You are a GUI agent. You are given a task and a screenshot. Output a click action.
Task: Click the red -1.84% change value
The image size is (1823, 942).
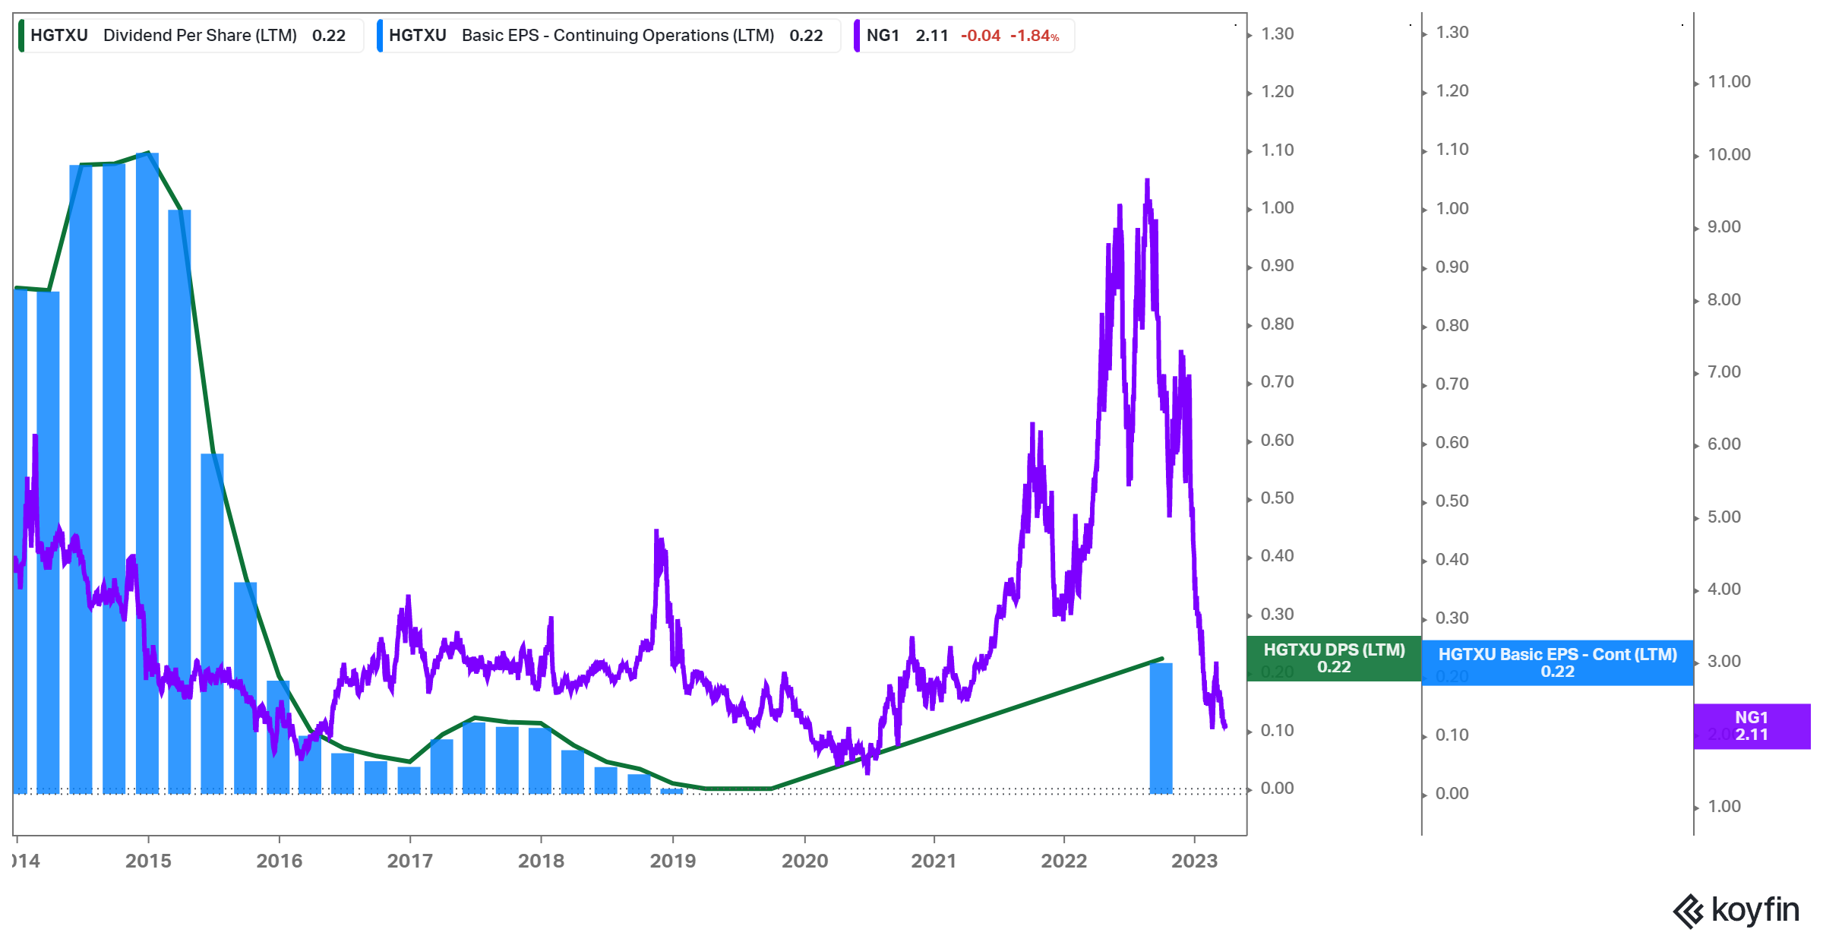[x=1034, y=36]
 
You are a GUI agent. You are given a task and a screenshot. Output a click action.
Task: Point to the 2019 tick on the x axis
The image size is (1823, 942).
[x=672, y=861]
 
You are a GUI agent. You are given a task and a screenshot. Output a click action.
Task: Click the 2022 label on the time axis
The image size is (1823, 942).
[x=1063, y=861]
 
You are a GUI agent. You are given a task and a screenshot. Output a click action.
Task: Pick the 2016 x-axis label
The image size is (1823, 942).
[x=279, y=861]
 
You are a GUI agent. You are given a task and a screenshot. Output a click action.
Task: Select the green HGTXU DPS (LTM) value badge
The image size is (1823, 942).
[x=1334, y=659]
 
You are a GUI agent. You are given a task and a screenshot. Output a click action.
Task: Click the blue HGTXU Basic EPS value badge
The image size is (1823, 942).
[x=1557, y=662]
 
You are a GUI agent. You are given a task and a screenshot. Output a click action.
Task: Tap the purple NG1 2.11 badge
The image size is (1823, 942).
[x=1751, y=726]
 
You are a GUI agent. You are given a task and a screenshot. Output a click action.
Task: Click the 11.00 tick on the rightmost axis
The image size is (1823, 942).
[x=1729, y=82]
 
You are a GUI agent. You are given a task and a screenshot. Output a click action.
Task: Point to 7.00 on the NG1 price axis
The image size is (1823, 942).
[x=1723, y=372]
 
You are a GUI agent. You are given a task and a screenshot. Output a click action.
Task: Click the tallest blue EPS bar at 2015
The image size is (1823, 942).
[x=147, y=471]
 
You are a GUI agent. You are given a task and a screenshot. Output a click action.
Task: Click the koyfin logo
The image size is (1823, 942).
[x=1736, y=910]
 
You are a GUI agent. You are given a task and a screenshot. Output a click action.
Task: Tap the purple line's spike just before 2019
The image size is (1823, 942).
[x=656, y=532]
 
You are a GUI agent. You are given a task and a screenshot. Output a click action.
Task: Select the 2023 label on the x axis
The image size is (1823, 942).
[x=1194, y=861]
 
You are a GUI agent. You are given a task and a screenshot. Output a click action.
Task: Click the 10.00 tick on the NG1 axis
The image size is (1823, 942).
[x=1729, y=155]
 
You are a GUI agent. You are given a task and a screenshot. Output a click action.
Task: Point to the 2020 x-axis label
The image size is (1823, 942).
[x=804, y=861]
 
